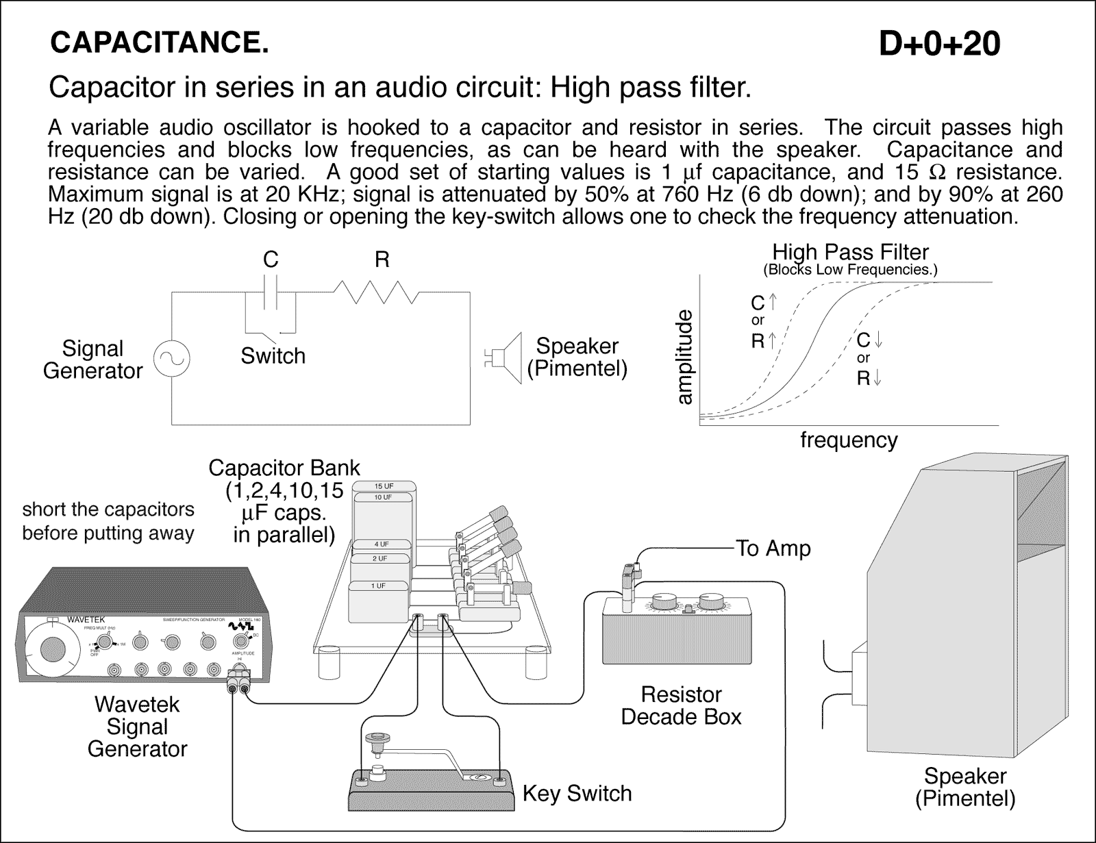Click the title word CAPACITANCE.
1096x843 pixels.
tap(159, 44)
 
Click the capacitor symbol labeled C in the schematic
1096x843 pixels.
tap(271, 292)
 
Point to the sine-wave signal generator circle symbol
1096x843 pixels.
tap(171, 359)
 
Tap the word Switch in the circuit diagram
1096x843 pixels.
tap(273, 356)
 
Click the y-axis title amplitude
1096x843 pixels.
tap(684, 357)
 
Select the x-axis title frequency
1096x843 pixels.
tap(848, 440)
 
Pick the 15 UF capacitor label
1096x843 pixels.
tap(384, 486)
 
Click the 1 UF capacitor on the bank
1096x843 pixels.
tap(377, 586)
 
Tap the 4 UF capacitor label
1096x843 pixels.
tap(381, 544)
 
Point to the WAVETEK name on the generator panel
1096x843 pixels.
tap(86, 620)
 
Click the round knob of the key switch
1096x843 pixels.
tap(375, 738)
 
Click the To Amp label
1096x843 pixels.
tap(773, 549)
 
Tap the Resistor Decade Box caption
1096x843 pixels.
tap(681, 705)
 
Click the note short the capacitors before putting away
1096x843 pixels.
tap(108, 521)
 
